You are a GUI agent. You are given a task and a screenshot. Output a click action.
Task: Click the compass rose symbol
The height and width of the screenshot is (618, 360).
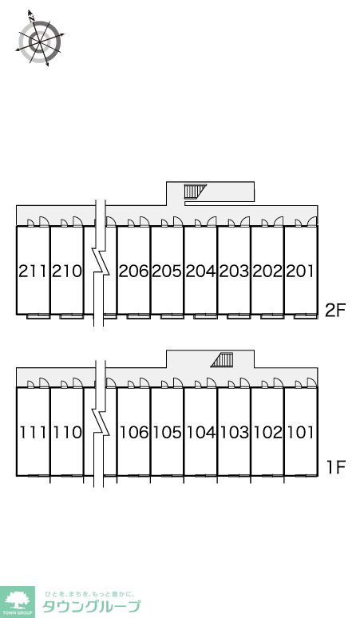[x=39, y=38]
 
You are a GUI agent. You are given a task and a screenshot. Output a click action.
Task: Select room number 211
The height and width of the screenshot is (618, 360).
[x=33, y=271]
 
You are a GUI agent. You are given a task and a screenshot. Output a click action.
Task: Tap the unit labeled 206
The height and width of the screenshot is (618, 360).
[x=133, y=271]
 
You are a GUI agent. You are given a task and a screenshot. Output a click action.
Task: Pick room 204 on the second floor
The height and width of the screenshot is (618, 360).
[x=200, y=271]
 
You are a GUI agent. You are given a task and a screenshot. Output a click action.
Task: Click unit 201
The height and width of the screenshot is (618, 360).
[x=300, y=271]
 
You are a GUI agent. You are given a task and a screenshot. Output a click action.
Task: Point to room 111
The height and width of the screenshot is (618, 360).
[x=33, y=433]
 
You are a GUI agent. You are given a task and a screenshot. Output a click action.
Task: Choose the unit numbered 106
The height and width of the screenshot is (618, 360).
[x=134, y=433]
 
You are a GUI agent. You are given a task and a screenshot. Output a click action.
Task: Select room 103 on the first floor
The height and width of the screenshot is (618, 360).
[x=235, y=433]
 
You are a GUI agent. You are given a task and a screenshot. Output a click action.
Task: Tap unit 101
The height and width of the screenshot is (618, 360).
[x=300, y=433]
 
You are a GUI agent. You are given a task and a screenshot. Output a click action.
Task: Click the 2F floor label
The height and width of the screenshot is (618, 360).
[x=335, y=311]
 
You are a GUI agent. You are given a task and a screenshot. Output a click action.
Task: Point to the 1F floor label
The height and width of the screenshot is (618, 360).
[x=336, y=467]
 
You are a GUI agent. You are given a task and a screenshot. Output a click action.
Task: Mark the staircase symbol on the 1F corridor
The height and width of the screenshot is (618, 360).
[x=222, y=360]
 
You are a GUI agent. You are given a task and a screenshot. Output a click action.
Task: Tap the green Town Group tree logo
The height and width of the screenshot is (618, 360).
[x=18, y=602]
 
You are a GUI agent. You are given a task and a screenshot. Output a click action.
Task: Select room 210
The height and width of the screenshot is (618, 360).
[x=67, y=271]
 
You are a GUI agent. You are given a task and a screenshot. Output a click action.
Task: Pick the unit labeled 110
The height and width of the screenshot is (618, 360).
[x=67, y=433]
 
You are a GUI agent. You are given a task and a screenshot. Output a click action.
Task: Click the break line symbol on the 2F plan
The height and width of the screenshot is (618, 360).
[x=101, y=263]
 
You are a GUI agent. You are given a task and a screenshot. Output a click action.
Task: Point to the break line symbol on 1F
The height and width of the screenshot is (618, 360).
[x=101, y=424]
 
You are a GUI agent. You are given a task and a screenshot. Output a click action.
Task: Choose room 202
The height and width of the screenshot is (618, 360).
[x=267, y=271]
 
